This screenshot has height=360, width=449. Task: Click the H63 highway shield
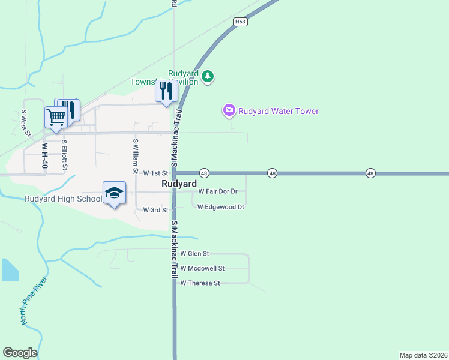click(241, 22)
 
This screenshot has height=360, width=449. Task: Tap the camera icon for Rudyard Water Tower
click(229, 110)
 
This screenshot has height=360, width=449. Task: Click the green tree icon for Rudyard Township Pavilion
click(208, 76)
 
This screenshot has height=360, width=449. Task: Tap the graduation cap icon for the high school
click(114, 193)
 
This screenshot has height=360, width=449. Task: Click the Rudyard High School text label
click(64, 199)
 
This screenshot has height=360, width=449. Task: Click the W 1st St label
click(155, 173)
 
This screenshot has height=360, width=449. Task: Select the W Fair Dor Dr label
click(218, 191)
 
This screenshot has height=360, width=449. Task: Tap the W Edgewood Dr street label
click(221, 207)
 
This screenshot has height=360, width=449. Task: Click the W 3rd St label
click(156, 210)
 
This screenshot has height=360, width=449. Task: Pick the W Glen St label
click(194, 254)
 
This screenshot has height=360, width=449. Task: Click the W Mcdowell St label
click(202, 268)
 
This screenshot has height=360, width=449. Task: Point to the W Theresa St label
click(200, 283)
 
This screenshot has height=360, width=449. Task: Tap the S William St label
click(136, 153)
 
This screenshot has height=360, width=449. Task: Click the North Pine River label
click(34, 301)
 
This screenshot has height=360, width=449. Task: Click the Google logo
click(20, 353)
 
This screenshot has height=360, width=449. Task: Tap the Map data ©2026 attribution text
click(423, 355)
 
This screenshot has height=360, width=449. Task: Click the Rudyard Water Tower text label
click(279, 111)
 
